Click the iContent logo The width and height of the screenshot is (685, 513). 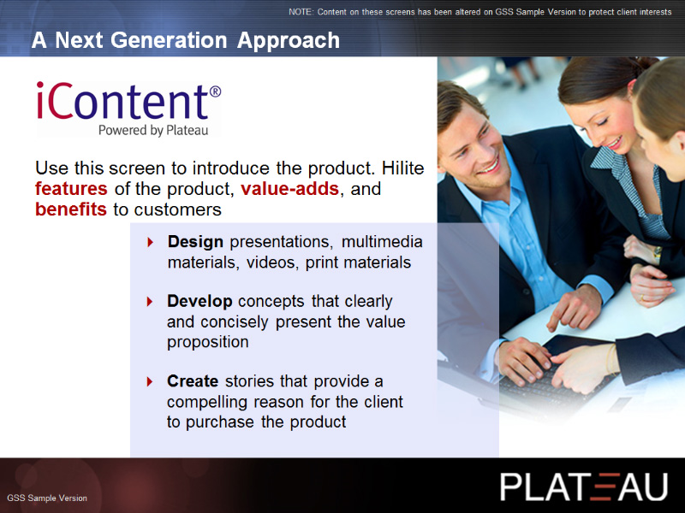(128, 109)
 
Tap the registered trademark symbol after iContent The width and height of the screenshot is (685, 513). (215, 91)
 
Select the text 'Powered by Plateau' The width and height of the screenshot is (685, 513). (153, 131)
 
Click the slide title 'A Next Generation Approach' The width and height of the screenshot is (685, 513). (186, 40)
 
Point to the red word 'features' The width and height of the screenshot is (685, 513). (71, 189)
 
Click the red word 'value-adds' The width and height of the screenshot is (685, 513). (289, 189)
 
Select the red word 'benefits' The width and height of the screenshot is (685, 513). (71, 209)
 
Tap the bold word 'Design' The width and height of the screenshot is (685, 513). (195, 242)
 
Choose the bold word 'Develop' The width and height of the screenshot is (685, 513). (200, 301)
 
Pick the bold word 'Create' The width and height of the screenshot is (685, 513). (193, 381)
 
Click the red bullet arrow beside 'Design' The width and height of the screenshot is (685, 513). (151, 242)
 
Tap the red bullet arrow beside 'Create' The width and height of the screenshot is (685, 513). (150, 381)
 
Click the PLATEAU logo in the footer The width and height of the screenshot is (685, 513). (584, 486)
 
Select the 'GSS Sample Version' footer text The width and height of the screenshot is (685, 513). (47, 498)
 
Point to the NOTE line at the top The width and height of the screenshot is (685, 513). (480, 12)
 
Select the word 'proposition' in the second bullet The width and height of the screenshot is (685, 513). (208, 342)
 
